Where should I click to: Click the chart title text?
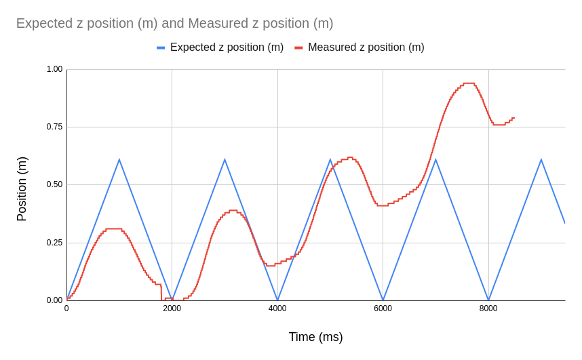coord(174,23)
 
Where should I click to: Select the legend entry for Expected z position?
coord(227,47)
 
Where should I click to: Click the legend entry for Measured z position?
coord(366,47)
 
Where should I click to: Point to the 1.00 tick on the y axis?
coord(54,69)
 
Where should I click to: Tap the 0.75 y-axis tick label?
coord(54,127)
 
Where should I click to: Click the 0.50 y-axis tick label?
coord(54,184)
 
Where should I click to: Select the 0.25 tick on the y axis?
coord(54,243)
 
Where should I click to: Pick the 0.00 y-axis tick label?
coord(54,300)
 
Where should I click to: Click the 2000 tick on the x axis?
coord(172,308)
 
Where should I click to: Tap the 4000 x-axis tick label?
coord(277,308)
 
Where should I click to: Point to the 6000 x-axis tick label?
coord(383,308)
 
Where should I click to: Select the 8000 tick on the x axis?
coord(488,308)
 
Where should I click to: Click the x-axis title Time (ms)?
coord(315,337)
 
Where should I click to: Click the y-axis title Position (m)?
coord(22,189)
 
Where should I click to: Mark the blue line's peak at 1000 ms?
coord(119,160)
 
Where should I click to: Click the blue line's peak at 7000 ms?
coord(435,160)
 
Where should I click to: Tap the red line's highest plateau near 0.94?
coord(469,83)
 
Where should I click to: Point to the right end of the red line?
coord(514,118)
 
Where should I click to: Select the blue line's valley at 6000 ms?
coord(383,300)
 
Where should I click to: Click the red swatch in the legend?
coord(298,47)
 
